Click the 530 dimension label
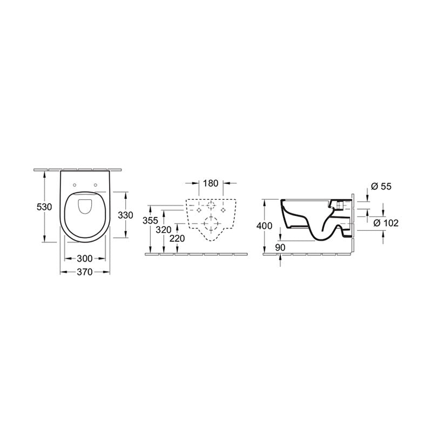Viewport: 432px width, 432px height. (43, 207)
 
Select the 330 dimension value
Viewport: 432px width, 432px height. (125, 215)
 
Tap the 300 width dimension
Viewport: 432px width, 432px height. (85, 258)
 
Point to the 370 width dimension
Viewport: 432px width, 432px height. (85, 273)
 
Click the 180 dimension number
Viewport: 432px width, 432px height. (211, 183)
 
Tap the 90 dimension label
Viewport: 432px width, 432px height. (280, 247)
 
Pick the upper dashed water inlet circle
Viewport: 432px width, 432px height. (211, 205)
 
